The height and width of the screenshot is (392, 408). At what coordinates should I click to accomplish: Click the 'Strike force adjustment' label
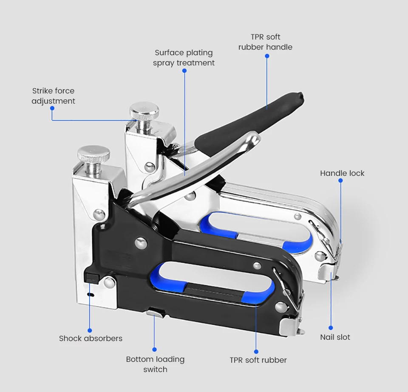coord(54,96)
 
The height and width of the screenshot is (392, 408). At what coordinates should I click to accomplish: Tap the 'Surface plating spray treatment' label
coord(184,58)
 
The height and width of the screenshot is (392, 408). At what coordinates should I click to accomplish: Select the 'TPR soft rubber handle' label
coord(265,42)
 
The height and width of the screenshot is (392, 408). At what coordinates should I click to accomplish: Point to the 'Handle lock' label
coord(342,173)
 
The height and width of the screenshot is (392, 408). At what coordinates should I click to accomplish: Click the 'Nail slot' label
coord(335,337)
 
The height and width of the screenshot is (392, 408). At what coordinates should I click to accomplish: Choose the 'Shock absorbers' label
coord(91,338)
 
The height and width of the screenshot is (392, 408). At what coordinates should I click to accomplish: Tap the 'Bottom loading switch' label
coord(156,364)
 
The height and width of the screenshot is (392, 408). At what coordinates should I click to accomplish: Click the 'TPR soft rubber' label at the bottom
coord(258,360)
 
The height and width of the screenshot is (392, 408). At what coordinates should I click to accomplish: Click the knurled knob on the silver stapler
coord(144,110)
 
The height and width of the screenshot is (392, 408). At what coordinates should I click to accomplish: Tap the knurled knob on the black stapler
coord(93,154)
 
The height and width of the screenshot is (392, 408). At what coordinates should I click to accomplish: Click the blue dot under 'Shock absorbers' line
coord(90,330)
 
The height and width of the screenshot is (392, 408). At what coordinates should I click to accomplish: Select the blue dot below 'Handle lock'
coord(340,180)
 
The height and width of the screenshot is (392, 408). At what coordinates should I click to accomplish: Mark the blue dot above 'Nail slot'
coord(331,328)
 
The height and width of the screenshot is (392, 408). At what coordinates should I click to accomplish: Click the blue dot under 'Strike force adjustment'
coord(52,108)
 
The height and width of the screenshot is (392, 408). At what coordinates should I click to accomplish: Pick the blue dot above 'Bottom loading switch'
coord(154,350)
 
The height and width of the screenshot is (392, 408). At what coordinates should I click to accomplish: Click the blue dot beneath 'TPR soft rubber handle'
coord(267,56)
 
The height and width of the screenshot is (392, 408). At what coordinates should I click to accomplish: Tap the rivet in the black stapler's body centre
coord(141,243)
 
